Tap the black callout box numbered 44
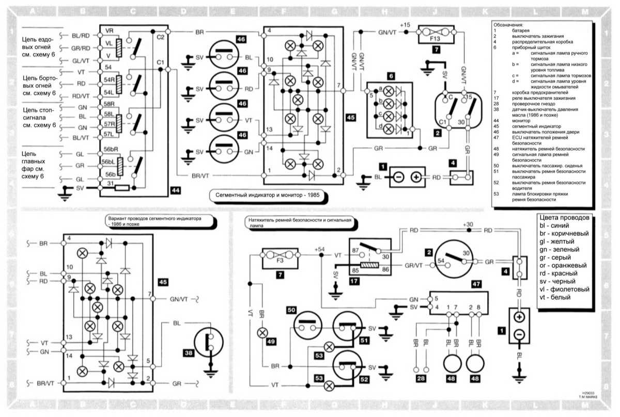click(176, 191)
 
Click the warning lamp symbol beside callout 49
click(262, 332)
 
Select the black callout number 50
click(291, 310)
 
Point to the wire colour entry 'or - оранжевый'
click(563, 264)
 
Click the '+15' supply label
click(405, 24)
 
